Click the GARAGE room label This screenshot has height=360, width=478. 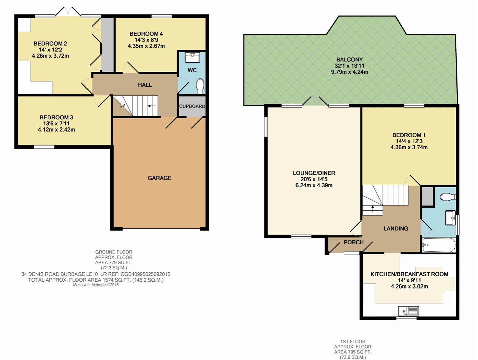point(159,178)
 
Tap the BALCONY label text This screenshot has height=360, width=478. point(349,60)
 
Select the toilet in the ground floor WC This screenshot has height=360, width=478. point(200,86)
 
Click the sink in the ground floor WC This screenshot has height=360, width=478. point(192,58)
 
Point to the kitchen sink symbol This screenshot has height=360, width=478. point(408,311)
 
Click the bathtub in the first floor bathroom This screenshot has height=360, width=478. point(438,246)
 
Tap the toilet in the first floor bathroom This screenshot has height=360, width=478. point(447,197)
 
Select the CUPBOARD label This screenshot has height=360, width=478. point(192,106)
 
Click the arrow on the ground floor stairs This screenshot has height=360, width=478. point(152,106)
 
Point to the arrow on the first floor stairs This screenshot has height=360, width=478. point(372,207)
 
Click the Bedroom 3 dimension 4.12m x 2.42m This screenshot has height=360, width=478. point(56,130)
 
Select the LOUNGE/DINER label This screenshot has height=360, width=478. point(314,173)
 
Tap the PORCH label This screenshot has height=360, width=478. point(353,242)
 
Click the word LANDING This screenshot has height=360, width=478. point(396,229)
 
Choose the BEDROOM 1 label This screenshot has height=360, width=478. point(409,135)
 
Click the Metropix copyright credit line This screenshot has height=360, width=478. point(96,285)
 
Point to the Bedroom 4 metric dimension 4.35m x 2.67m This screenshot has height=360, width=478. point(146,46)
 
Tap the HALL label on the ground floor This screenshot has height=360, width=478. point(145,85)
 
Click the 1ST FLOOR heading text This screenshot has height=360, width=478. point(353,341)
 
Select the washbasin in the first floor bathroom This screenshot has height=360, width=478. point(451,218)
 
